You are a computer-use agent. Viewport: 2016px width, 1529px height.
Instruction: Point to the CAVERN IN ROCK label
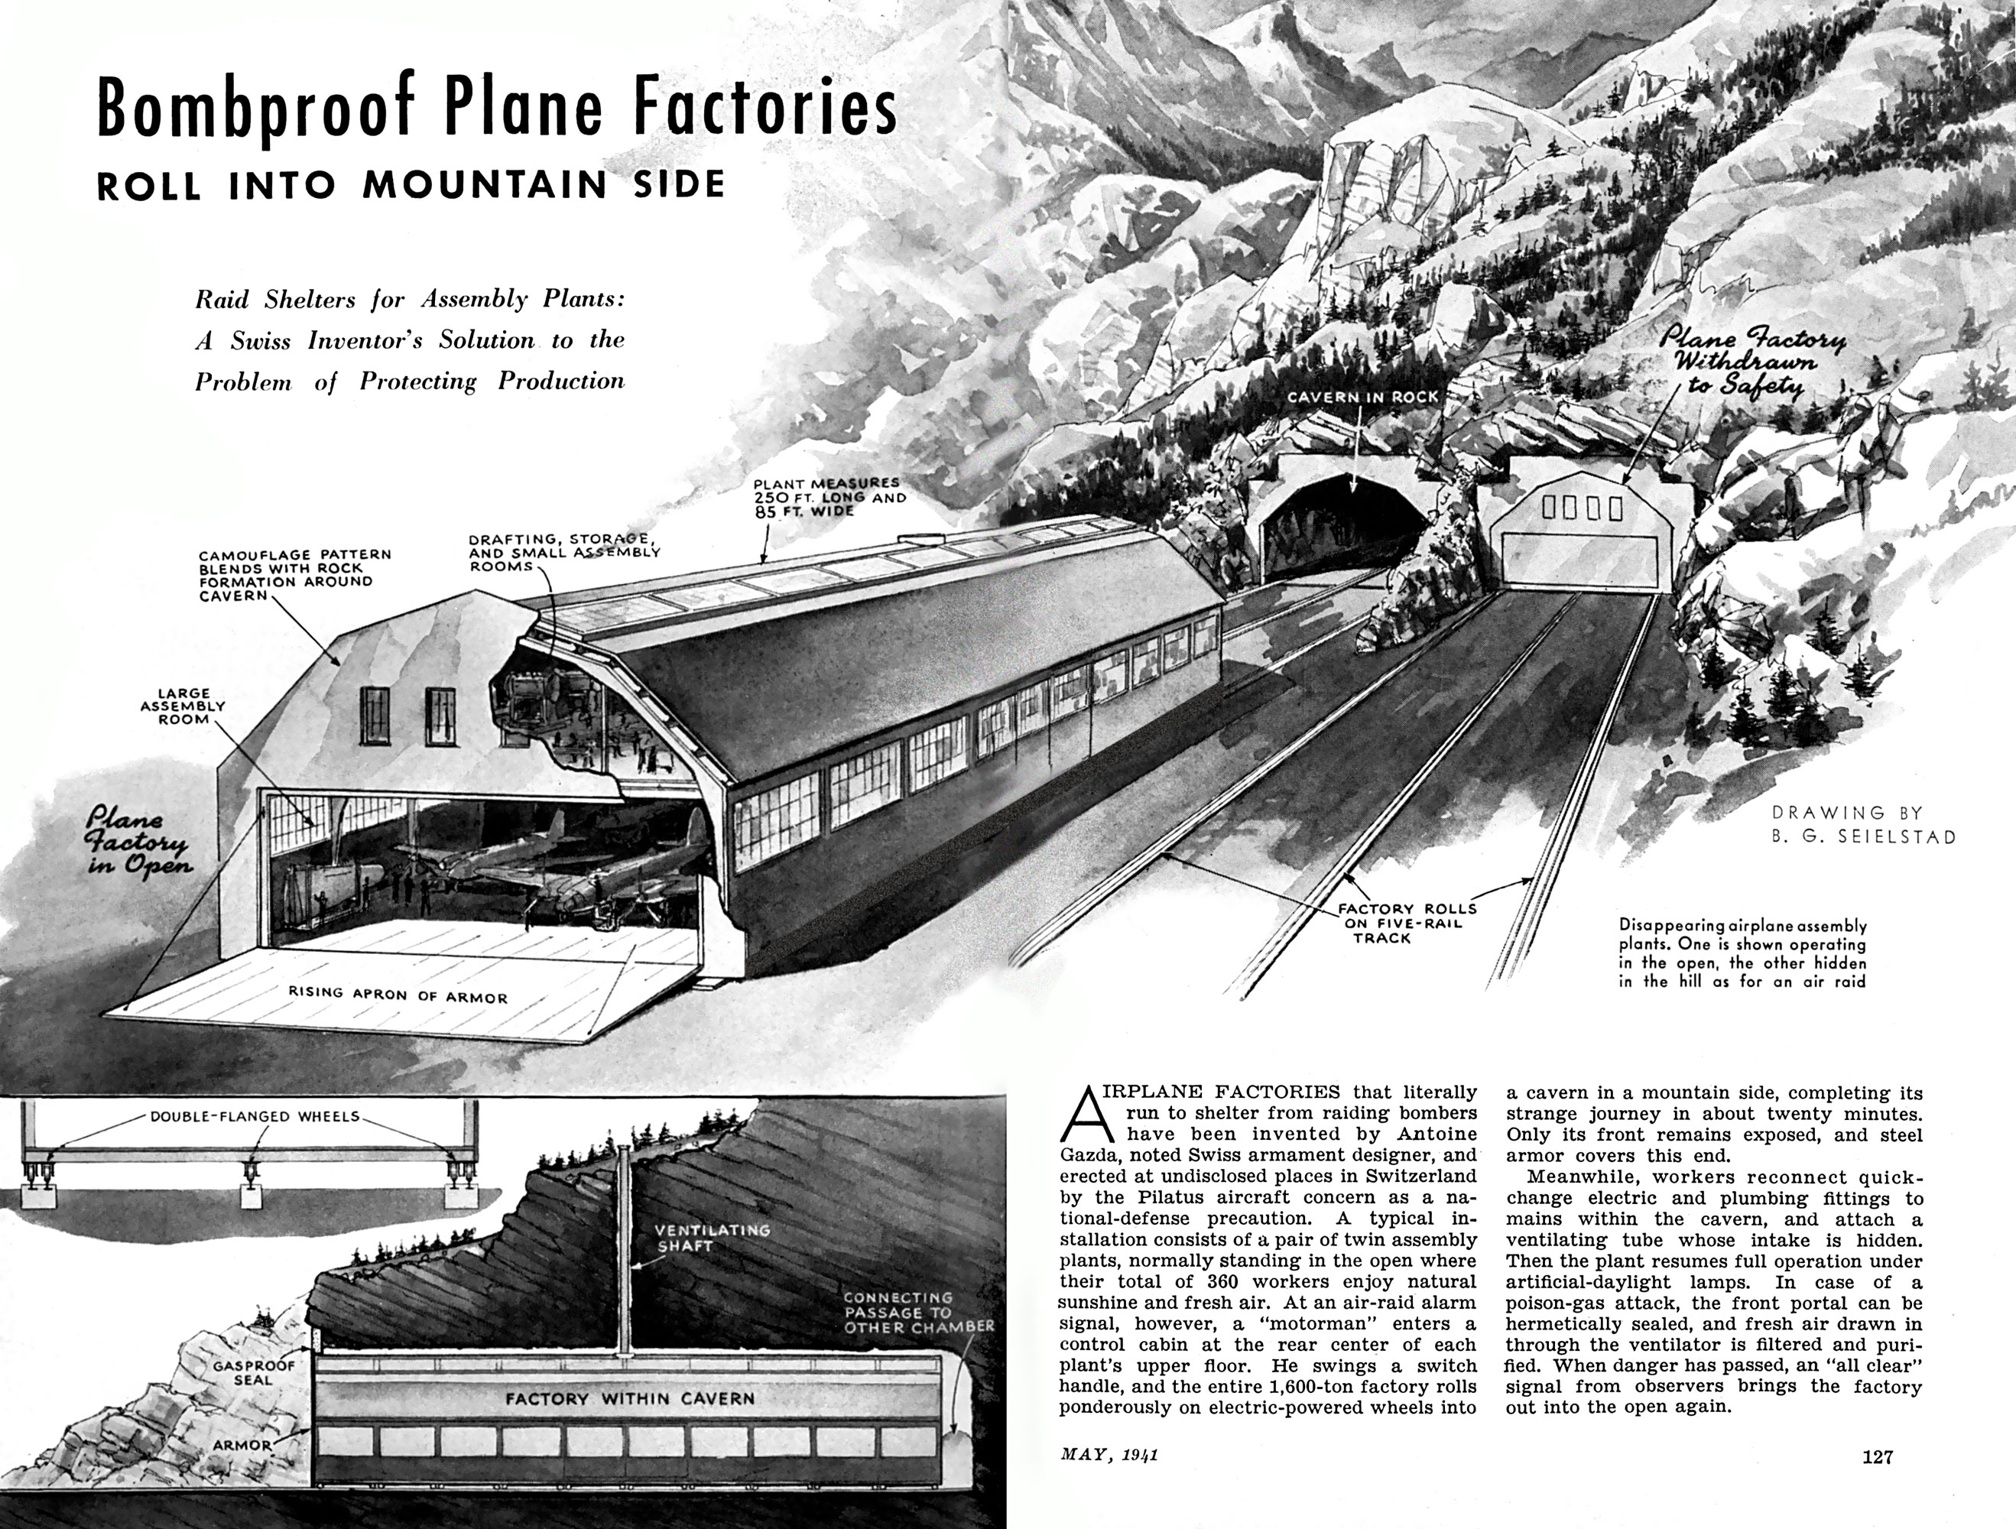coord(1362,398)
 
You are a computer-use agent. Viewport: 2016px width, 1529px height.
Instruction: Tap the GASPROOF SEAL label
coord(255,1373)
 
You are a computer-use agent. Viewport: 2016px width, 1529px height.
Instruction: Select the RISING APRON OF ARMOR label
coord(398,994)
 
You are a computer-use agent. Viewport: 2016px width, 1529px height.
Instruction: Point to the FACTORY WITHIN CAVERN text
coord(630,1398)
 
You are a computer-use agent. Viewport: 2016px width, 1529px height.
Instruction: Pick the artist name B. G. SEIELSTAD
coord(1864,836)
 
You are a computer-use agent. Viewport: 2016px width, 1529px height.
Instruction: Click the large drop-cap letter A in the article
coord(1087,1113)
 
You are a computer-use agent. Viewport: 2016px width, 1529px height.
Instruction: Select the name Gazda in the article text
coord(1090,1154)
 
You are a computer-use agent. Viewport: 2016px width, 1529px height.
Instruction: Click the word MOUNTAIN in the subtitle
coord(485,185)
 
